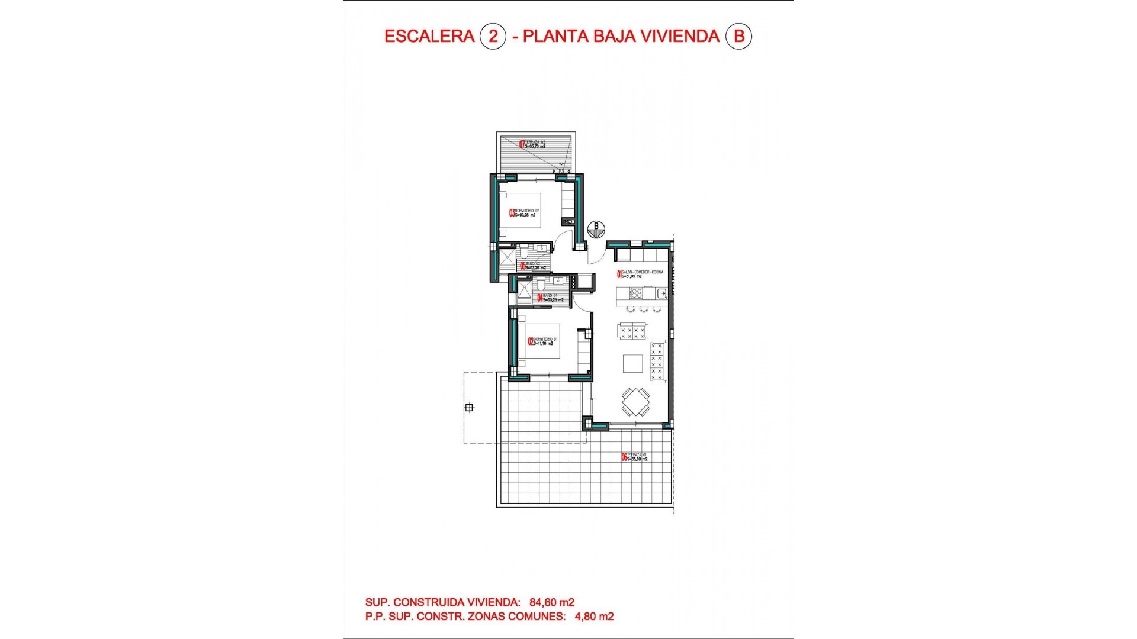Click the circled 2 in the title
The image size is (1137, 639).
(493, 36)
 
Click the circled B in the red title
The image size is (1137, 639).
(738, 36)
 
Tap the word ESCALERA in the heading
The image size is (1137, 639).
(429, 36)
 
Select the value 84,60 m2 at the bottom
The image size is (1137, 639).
(551, 602)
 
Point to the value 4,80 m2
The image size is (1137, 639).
(594, 617)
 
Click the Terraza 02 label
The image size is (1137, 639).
(532, 144)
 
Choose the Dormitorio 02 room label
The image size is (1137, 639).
(524, 213)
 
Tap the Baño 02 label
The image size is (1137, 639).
(532, 266)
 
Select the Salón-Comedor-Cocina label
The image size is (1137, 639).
(640, 274)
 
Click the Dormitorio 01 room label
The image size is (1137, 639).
(542, 341)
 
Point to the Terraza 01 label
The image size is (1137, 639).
(634, 457)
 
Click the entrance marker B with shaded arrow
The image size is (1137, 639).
(596, 229)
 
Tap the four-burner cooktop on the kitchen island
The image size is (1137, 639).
(635, 293)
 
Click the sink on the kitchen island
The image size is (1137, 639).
(661, 293)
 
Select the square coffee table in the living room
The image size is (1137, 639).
(632, 363)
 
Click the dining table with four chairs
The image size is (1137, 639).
(635, 402)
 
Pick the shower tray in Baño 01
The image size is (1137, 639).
(525, 289)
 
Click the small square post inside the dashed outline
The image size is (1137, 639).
(469, 407)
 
